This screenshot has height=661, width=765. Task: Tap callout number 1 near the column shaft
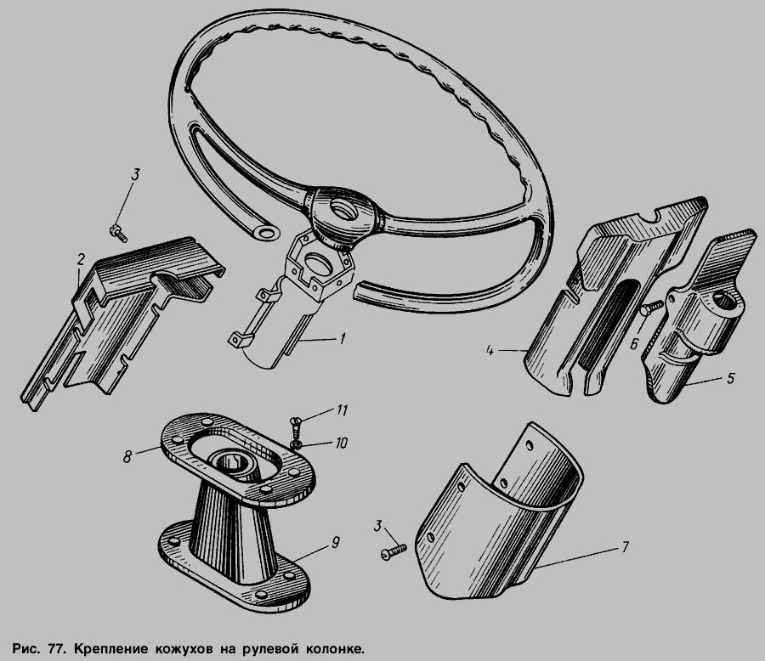343,338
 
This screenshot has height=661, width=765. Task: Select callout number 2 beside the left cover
81,259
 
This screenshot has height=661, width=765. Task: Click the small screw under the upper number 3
118,233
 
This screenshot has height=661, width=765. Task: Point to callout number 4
490,350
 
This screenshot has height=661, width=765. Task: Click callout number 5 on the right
730,378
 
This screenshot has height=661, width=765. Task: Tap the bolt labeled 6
651,308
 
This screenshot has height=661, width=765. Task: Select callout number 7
625,547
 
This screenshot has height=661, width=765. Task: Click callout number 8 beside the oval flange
127,456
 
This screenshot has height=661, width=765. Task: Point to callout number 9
335,542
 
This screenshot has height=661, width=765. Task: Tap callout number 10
341,443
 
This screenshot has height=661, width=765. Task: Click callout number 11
342,410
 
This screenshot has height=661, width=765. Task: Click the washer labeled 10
296,444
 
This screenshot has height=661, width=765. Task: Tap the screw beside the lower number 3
394,551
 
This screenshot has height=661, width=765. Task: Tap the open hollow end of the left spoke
266,232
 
